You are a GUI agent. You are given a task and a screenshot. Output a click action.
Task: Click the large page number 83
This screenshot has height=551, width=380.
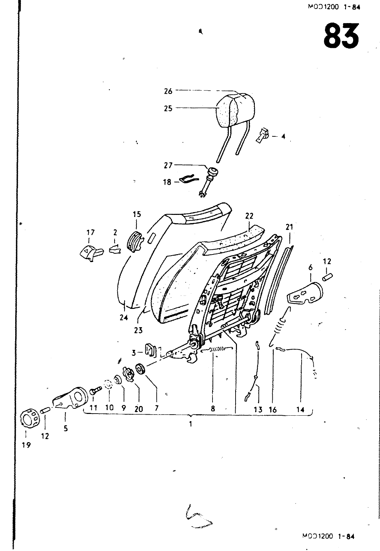341,36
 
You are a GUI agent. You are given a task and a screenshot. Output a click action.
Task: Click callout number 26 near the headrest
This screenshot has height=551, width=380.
168,91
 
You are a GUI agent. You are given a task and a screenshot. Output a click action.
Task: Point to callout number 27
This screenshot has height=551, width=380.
168,165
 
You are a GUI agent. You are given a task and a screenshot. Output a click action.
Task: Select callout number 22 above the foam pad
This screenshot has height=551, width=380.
249,216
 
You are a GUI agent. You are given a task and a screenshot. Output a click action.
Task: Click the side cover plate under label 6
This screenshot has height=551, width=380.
305,294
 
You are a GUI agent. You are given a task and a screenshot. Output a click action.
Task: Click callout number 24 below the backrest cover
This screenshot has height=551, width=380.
124,318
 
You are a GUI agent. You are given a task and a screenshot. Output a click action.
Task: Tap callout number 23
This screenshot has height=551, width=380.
138,330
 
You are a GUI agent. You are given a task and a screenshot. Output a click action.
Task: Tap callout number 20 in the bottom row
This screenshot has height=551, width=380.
139,409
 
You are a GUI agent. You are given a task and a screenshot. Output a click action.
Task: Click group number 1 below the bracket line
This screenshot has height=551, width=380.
190,425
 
